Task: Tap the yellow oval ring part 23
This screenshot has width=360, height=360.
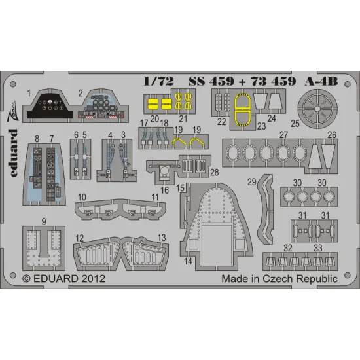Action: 243,107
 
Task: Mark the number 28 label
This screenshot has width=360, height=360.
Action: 215,171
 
